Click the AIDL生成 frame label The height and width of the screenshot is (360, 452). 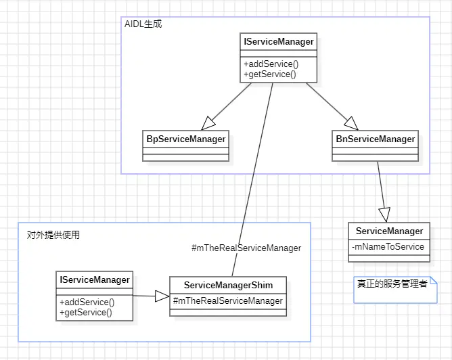click(143, 24)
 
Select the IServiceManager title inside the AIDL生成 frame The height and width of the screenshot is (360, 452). click(278, 42)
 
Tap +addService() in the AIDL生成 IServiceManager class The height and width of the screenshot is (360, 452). click(271, 64)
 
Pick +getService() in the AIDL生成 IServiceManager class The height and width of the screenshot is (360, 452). click(270, 74)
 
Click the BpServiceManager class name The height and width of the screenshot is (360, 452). click(186, 139)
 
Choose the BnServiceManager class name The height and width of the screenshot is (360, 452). click(376, 139)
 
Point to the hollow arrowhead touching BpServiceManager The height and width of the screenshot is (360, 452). click(208, 124)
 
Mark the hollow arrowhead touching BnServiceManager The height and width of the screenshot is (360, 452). click(350, 123)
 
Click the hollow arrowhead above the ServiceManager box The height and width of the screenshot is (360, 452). click(384, 214)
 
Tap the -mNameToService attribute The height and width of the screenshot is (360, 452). click(388, 246)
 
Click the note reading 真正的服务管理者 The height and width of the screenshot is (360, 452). click(392, 284)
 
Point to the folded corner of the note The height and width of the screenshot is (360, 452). click(434, 280)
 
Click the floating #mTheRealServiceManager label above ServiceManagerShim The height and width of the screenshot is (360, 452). click(246, 248)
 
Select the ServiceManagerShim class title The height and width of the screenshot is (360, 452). click(227, 286)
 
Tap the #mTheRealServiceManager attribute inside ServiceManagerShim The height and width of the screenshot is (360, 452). click(228, 300)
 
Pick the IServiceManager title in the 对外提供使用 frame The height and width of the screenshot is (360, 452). click(95, 279)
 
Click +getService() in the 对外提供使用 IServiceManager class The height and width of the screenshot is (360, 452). click(86, 312)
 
